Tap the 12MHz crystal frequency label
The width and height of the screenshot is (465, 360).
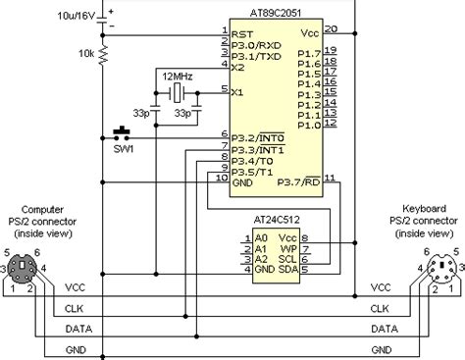click(180, 76)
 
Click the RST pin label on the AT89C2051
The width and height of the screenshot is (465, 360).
click(241, 30)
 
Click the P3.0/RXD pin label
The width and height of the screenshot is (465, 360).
click(254, 43)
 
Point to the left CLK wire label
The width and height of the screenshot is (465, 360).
click(75, 309)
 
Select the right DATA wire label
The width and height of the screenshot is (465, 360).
click(384, 330)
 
